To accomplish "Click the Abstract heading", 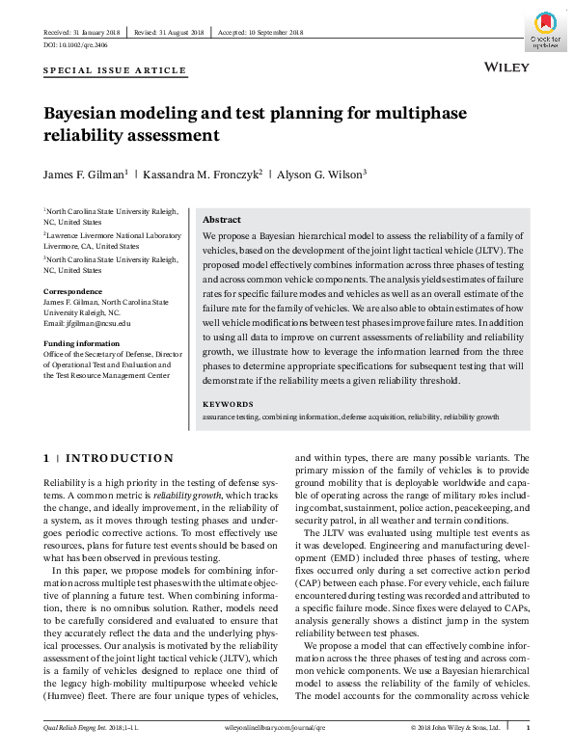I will tap(221, 220).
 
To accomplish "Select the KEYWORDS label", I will tap(228, 404).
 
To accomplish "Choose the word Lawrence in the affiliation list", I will tap(66, 234).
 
